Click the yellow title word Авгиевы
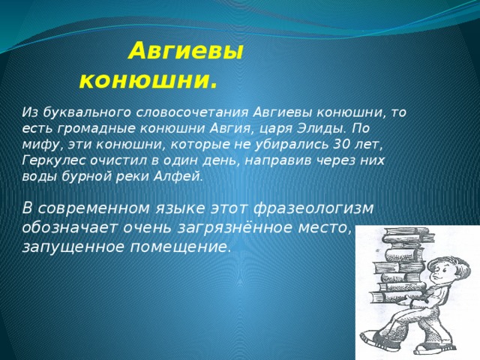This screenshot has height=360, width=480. pyautogui.click(x=186, y=51)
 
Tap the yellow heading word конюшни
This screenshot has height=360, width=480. pyautogui.click(x=148, y=80)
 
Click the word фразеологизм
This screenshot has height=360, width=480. pyautogui.click(x=313, y=209)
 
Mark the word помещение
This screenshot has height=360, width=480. pyautogui.click(x=178, y=247)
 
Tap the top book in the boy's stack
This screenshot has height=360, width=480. pyautogui.click(x=406, y=234)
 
